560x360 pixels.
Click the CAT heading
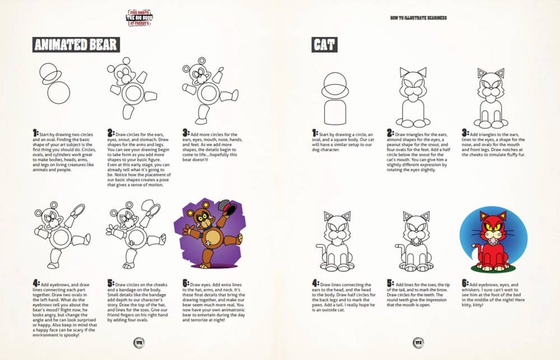(x=325, y=45)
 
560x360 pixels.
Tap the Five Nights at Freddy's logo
(x=139, y=17)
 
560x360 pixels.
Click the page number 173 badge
(x=419, y=343)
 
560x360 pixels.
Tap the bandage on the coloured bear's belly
(x=208, y=242)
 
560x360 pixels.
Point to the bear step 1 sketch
(x=52, y=84)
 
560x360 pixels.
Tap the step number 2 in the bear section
(x=110, y=133)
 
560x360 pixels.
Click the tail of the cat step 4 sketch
(x=320, y=250)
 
